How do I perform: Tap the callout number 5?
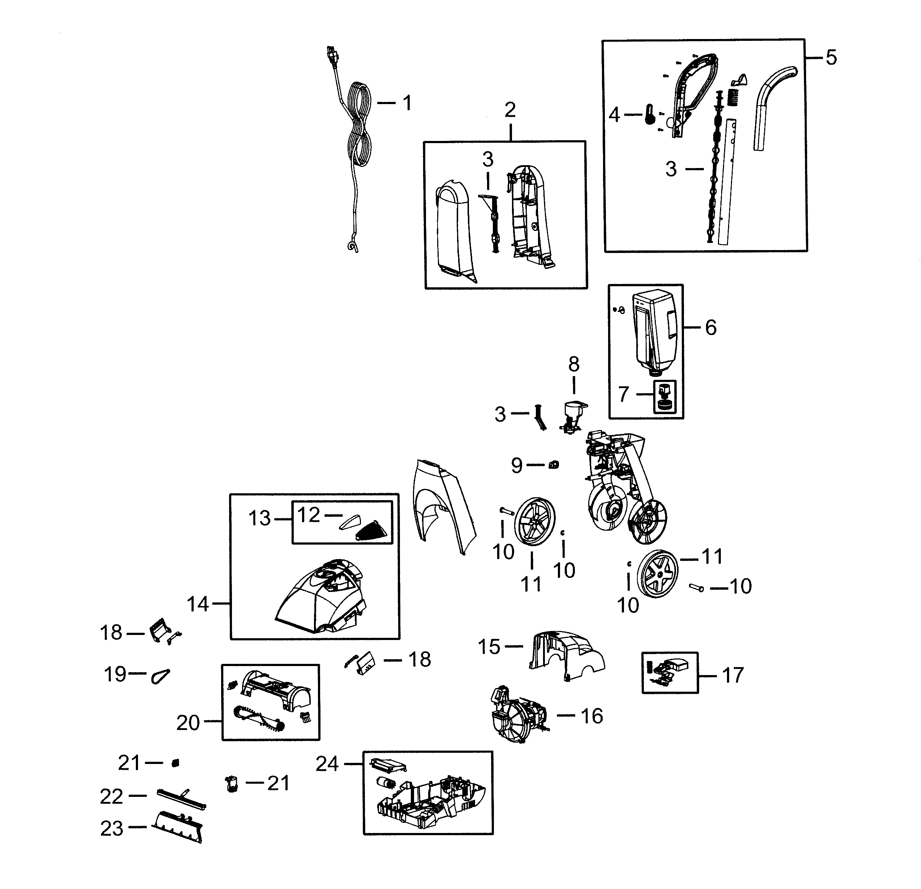(x=831, y=58)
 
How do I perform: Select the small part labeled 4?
(x=649, y=114)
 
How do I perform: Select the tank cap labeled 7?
(x=664, y=396)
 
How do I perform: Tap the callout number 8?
(x=574, y=364)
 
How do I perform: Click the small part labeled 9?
(x=553, y=465)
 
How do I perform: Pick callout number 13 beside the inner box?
(x=259, y=519)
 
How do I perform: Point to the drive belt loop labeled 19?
(x=160, y=676)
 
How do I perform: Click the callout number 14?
(x=197, y=604)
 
